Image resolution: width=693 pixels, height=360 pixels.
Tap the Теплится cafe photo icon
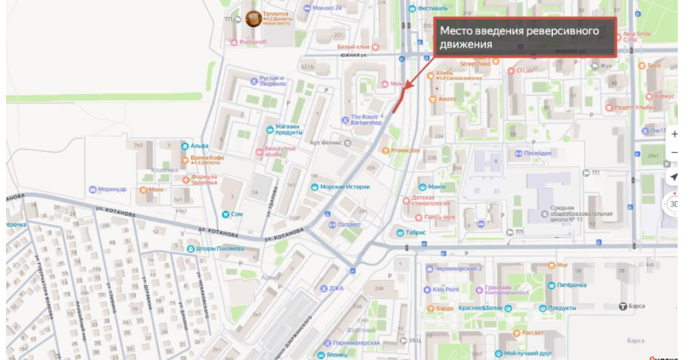[x=253, y=18]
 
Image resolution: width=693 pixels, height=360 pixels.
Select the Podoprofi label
[x=253, y=42]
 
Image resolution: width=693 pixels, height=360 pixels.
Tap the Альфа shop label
[x=200, y=146]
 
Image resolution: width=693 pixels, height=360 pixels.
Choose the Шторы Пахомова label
[x=220, y=249]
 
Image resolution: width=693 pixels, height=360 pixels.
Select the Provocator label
[x=406, y=150]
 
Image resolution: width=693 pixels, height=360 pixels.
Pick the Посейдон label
[x=538, y=153]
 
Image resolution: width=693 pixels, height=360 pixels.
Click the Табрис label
[x=415, y=232]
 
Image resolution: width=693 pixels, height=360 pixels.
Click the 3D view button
[x=674, y=204]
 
